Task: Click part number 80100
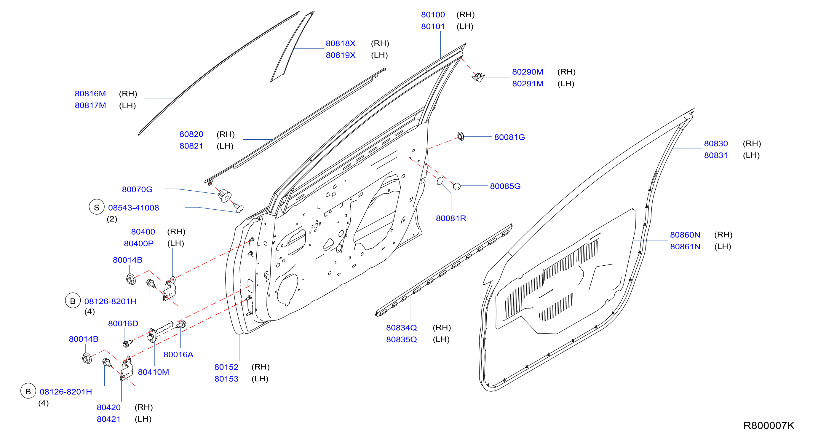433,15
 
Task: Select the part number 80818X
341,43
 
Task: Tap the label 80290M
528,72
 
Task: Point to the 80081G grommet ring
461,136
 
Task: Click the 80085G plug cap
457,186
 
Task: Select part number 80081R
451,219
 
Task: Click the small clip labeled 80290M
478,77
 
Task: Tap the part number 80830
716,144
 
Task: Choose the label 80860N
685,235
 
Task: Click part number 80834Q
402,328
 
